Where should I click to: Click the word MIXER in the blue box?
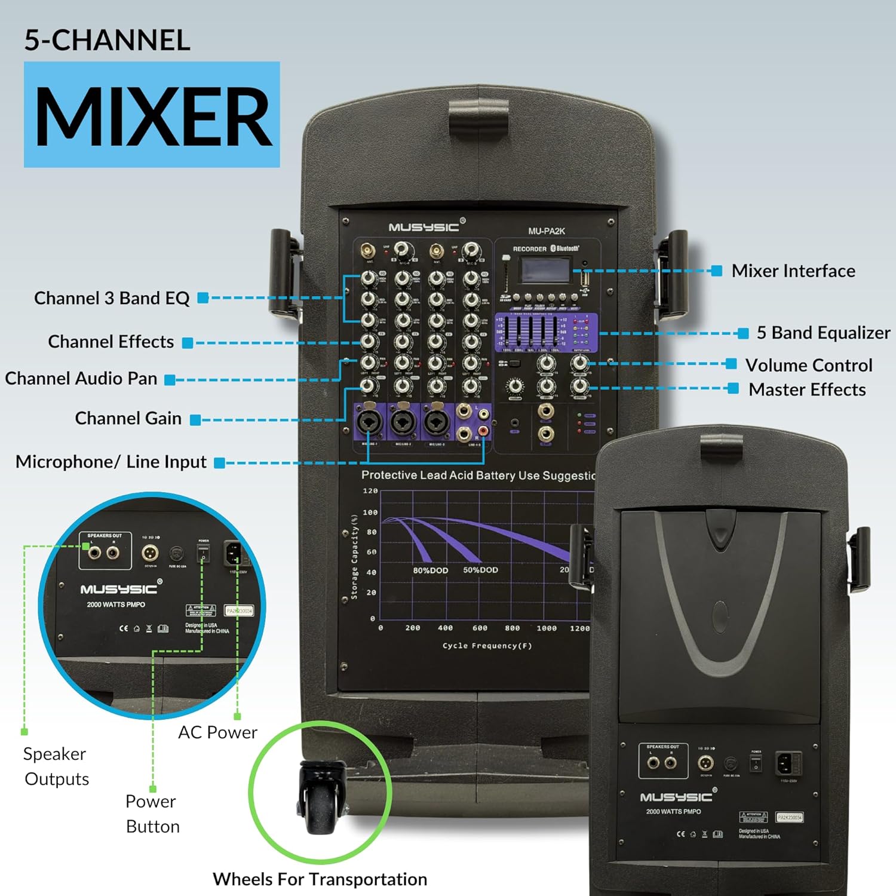coord(153,116)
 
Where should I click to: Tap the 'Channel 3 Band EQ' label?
coord(112,298)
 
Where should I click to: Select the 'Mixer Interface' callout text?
coord(793,271)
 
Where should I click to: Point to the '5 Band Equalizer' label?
coord(823,333)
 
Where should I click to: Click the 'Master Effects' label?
coord(807,389)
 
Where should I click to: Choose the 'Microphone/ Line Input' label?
coord(111,462)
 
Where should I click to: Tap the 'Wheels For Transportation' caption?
coord(320,879)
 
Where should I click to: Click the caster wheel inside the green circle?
coord(320,800)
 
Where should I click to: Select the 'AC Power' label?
coord(217,732)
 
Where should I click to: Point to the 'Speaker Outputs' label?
coord(56,766)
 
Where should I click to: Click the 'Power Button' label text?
coord(152,814)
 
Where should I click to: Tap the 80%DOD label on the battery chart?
coord(430,570)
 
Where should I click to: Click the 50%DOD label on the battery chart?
coord(480,570)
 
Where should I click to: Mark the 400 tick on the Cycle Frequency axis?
coord(445,628)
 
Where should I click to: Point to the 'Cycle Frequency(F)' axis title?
coord(487,646)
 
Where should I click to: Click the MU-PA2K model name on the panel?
coord(546,231)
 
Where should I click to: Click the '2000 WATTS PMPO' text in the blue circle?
coord(116,605)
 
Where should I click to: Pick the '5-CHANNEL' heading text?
coord(107,40)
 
